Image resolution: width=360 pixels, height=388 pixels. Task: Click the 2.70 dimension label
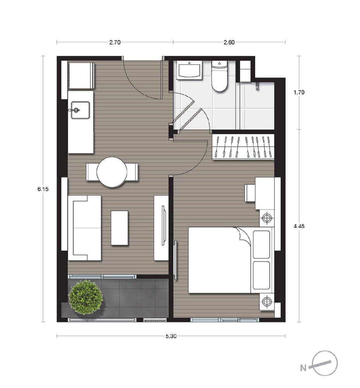(115, 42)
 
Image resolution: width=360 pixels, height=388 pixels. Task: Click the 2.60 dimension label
(229, 42)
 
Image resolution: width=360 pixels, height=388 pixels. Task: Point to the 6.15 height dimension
(43, 189)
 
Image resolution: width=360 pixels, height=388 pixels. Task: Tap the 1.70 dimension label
(299, 93)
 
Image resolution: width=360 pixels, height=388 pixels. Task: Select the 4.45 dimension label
(299, 226)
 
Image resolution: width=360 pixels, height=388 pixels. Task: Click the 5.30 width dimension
(171, 336)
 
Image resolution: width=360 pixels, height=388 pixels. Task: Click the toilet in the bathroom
(219, 76)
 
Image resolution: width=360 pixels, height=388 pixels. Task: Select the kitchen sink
(80, 110)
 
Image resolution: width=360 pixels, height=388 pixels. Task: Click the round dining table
(112, 172)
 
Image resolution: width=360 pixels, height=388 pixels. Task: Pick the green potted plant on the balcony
(86, 297)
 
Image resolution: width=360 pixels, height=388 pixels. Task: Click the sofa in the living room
(84, 228)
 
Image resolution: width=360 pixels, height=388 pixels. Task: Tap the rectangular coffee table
(120, 228)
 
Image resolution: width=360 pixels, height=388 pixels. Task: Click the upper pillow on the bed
(262, 244)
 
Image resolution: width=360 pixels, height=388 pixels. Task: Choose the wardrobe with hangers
(243, 147)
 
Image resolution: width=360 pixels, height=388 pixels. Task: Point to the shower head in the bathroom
(257, 85)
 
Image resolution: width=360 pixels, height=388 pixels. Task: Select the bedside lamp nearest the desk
(267, 218)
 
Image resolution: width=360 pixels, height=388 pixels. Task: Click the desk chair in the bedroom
(250, 192)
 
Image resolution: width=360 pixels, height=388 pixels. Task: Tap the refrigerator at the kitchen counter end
(81, 76)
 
